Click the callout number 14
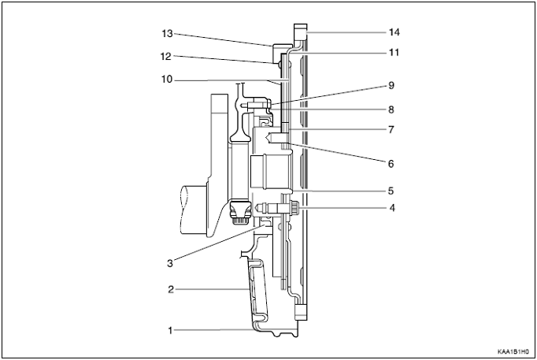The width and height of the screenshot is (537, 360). click(x=394, y=32)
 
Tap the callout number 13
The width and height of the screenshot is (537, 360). click(x=167, y=34)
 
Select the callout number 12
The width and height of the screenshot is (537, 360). click(x=166, y=57)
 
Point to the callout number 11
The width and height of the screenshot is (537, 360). click(x=394, y=53)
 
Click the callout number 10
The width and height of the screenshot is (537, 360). click(x=167, y=80)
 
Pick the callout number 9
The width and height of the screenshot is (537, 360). click(x=391, y=85)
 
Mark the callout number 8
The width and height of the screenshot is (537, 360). click(x=391, y=109)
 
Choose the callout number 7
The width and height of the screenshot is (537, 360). click(x=391, y=130)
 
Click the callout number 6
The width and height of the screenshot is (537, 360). click(x=391, y=164)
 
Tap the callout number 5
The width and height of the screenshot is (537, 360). click(x=391, y=191)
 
